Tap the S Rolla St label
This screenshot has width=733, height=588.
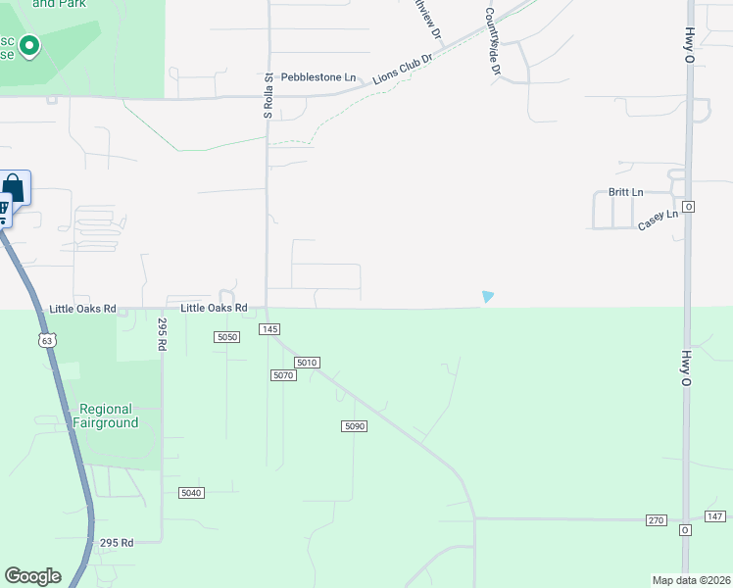point(268,95)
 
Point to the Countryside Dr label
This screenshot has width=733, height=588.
point(491,43)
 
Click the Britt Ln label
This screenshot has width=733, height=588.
point(625,192)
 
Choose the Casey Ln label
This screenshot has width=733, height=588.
point(658,220)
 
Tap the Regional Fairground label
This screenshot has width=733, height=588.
point(108,416)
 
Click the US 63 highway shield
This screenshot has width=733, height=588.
point(47,340)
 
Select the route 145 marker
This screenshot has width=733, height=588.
point(270,329)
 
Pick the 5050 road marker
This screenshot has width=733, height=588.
point(227,337)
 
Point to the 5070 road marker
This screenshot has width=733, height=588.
point(283,375)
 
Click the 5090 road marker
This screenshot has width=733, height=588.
point(354,425)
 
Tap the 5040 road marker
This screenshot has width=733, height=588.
point(191,492)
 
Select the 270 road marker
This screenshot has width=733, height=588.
point(657,519)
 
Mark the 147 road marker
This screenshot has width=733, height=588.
point(714,516)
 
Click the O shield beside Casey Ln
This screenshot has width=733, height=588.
point(689,207)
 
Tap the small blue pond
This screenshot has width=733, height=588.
point(488,296)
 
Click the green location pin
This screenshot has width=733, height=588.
point(29,45)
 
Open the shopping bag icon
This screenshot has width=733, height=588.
point(13,186)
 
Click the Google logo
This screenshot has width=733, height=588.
point(32,576)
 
